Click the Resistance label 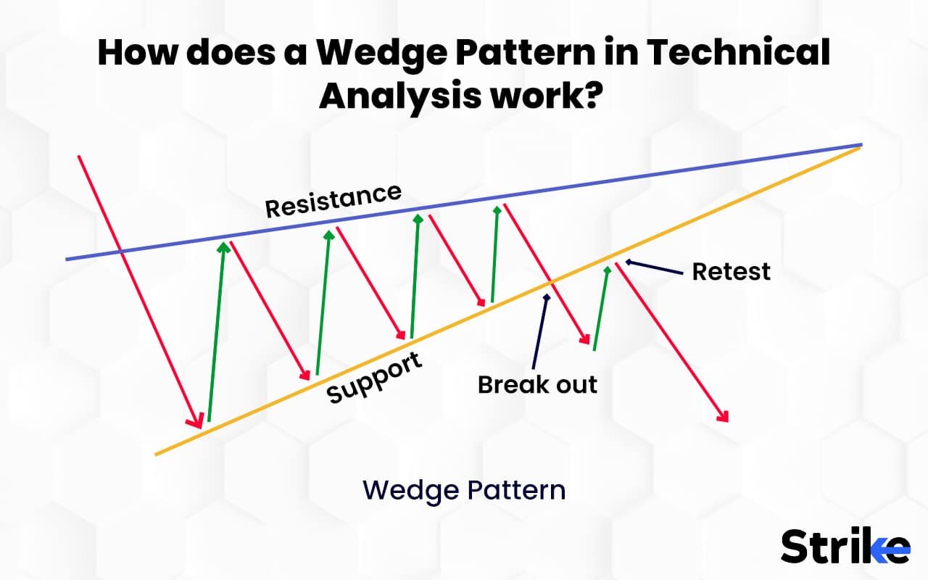[x=333, y=200]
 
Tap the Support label [x=374, y=378]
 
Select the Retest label [x=731, y=272]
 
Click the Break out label [x=537, y=384]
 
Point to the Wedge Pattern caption [x=464, y=490]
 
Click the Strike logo [x=845, y=546]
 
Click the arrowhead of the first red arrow [x=196, y=422]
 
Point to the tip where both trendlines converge [x=861, y=145]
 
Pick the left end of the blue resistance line [x=67, y=259]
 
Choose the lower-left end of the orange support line [x=157, y=455]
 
